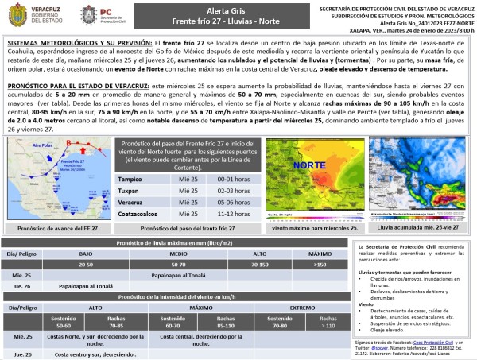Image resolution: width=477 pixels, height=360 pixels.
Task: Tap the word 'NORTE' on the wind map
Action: click(x=312, y=168)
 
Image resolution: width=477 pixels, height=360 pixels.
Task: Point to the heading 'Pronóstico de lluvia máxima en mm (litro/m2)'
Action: click(x=178, y=242)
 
